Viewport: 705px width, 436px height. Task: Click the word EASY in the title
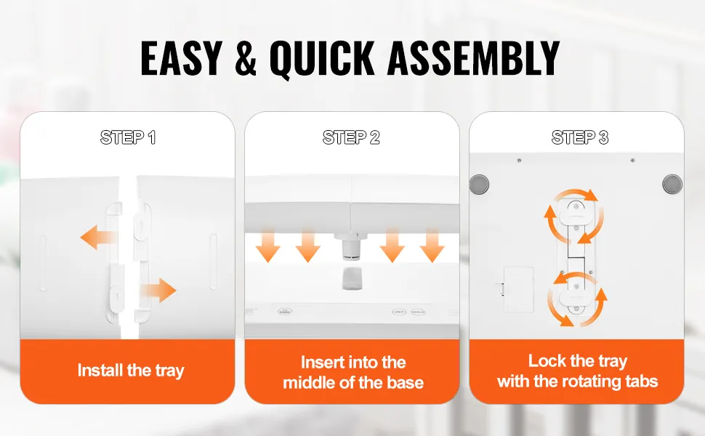181,58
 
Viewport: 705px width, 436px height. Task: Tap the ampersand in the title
246,58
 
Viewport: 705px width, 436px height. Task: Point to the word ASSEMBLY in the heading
473,58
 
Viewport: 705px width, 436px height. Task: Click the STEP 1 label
128,137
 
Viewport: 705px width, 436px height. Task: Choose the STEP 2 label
351,137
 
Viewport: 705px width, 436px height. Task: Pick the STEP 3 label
580,137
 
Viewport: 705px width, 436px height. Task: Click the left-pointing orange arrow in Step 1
98,237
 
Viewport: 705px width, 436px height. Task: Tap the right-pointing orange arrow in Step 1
158,291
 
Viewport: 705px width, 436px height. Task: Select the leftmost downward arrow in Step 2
268,246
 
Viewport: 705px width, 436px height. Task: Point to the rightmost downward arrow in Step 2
432,246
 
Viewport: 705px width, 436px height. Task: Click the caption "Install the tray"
131,371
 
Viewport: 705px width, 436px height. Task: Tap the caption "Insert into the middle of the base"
353,372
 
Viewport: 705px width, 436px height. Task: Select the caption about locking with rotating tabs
577,371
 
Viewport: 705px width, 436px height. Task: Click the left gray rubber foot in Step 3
479,184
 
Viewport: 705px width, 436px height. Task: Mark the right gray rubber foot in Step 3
672,184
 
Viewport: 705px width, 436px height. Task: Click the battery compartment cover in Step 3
518,289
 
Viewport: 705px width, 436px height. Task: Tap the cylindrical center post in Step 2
350,248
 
